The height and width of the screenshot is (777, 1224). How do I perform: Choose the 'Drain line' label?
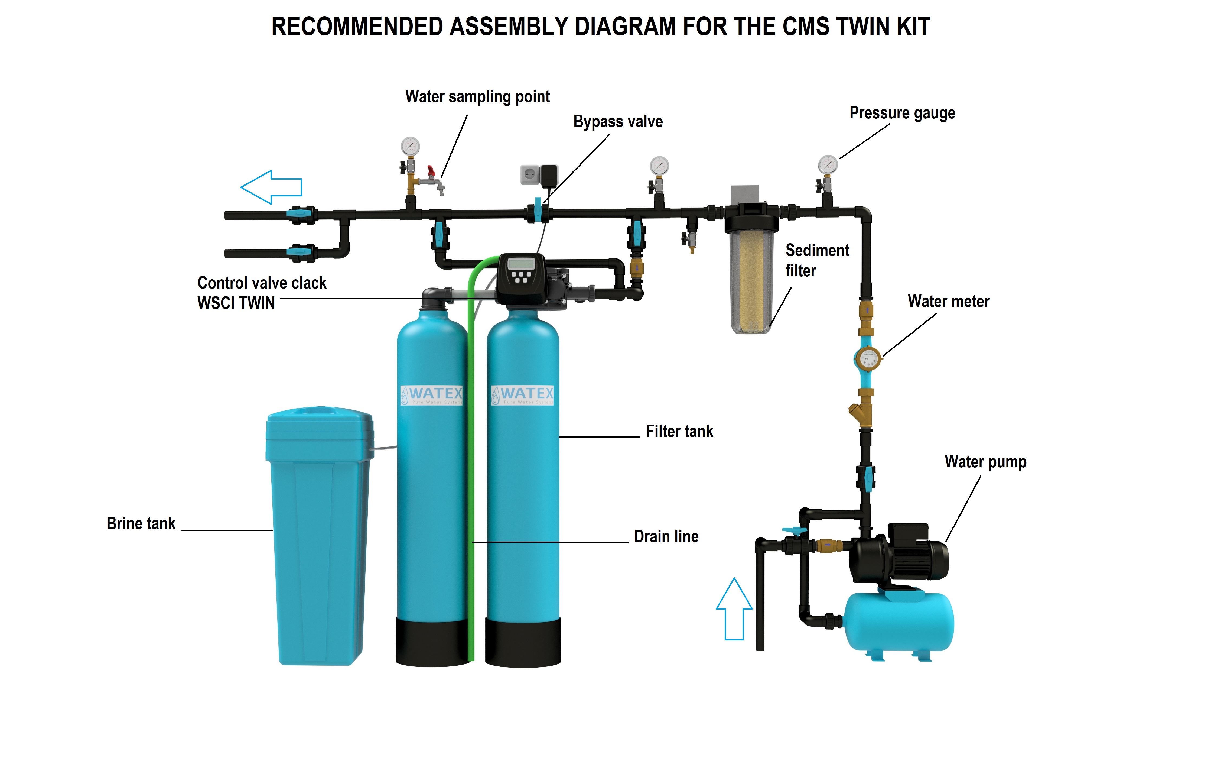[x=666, y=536]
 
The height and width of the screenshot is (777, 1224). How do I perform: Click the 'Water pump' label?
[x=985, y=462]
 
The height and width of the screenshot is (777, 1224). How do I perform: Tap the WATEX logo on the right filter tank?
[x=523, y=395]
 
